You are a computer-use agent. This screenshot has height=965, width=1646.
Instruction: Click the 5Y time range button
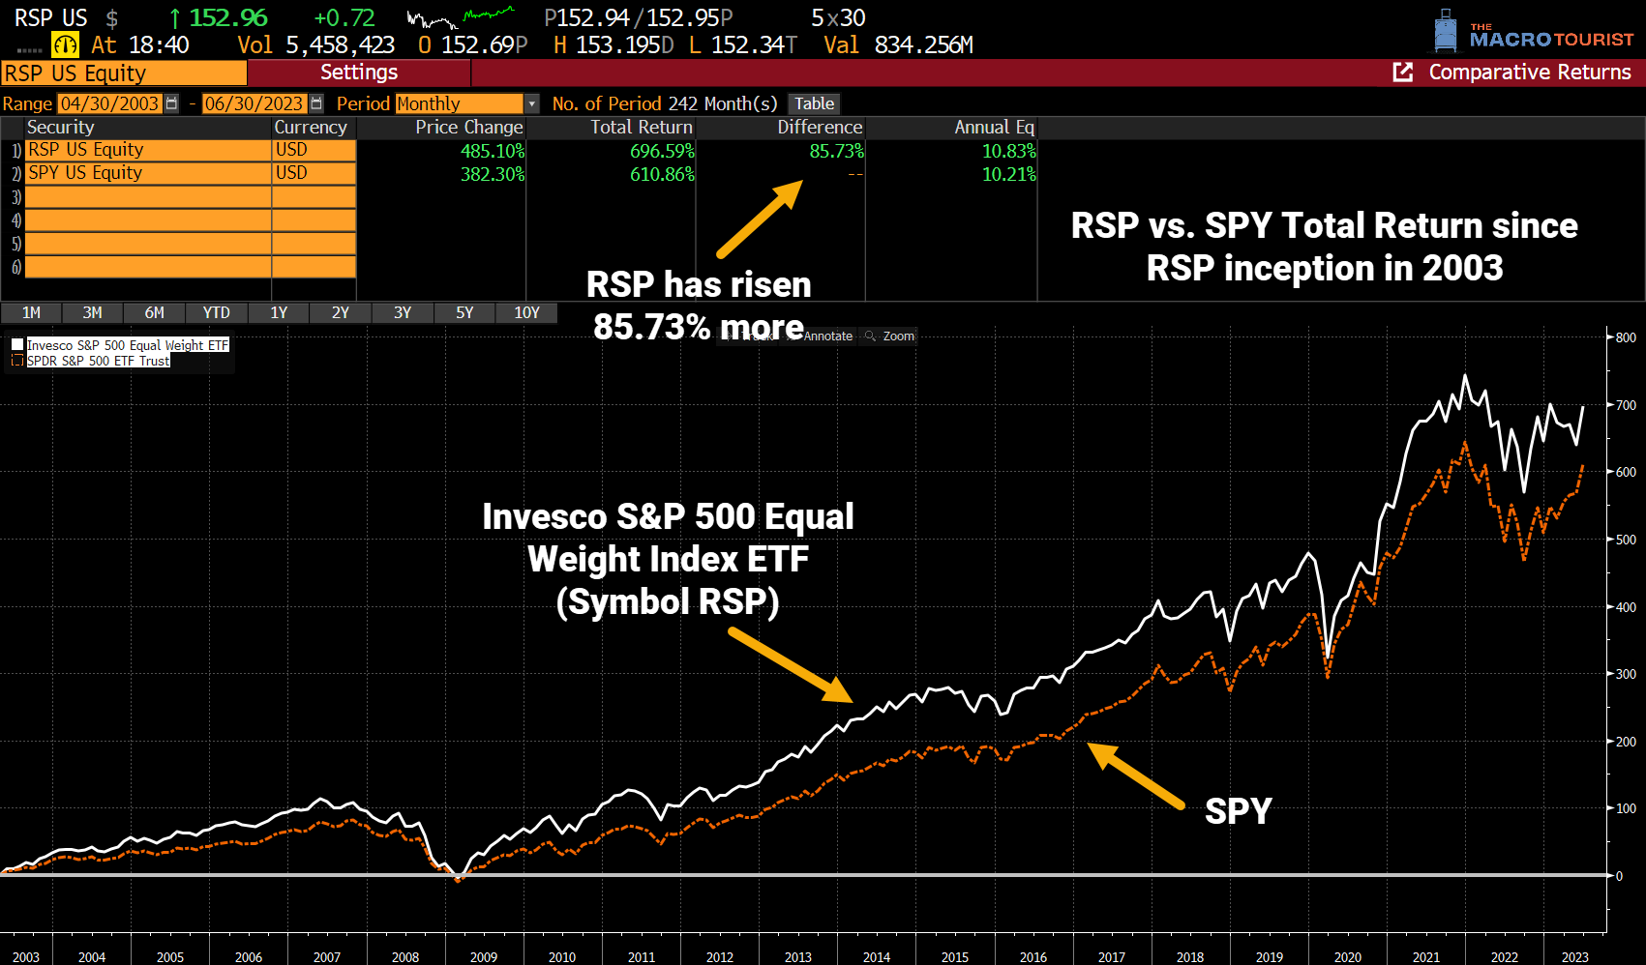(x=464, y=313)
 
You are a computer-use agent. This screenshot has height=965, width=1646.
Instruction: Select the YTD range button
(x=216, y=313)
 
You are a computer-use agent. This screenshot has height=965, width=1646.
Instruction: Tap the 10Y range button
(x=526, y=313)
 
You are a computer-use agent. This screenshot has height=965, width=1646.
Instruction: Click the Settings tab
(x=359, y=73)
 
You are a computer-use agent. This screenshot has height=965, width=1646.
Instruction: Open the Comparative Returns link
(x=1529, y=73)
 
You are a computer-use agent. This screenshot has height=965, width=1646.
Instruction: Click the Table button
(x=814, y=103)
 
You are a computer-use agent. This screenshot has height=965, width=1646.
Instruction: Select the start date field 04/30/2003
(x=109, y=103)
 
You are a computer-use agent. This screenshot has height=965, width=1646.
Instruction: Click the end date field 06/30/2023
(x=254, y=103)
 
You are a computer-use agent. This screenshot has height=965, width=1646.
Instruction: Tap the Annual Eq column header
(x=994, y=128)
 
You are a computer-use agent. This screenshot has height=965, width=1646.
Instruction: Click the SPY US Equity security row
(x=85, y=173)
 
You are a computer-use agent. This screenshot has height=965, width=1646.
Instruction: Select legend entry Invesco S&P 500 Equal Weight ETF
(x=127, y=345)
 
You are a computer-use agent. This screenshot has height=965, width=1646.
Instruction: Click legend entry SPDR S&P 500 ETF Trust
(x=98, y=361)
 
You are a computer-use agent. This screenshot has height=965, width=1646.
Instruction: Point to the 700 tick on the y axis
(x=1626, y=405)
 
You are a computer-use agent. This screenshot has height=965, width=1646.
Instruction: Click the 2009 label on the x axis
(x=484, y=957)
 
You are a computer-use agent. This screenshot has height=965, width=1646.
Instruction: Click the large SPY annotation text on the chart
(x=1238, y=811)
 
